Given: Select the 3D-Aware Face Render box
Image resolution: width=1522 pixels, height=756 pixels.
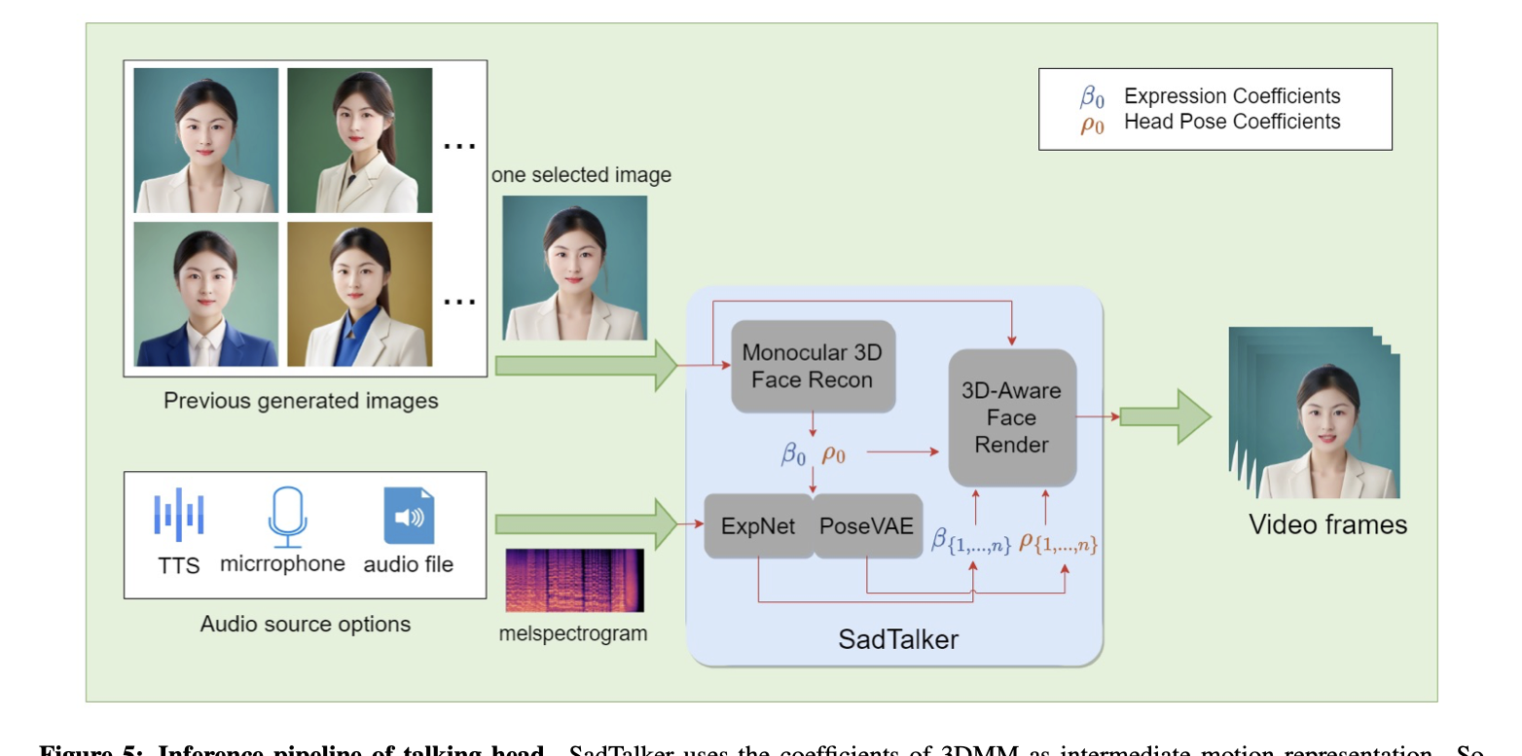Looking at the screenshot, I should (x=1011, y=417).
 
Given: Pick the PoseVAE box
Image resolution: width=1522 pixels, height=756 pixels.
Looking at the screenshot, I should (x=866, y=526).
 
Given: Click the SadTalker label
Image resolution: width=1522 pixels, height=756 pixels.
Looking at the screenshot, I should (x=897, y=639).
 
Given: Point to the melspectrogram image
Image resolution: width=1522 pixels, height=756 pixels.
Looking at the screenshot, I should (x=574, y=581).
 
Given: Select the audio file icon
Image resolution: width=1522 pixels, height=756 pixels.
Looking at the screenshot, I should (x=409, y=517).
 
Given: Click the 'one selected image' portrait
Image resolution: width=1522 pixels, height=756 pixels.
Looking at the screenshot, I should (x=574, y=268).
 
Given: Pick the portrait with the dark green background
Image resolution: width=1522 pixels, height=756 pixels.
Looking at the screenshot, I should (x=359, y=139).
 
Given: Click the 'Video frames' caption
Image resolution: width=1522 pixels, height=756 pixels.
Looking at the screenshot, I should (x=1327, y=525).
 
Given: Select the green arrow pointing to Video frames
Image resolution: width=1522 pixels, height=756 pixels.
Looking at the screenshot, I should (x=1164, y=416).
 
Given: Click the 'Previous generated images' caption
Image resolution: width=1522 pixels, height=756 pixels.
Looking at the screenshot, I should (x=300, y=400).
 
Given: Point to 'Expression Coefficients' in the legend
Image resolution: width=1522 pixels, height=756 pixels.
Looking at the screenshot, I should (x=1231, y=96).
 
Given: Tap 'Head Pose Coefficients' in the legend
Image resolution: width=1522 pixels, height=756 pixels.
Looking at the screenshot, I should (x=1231, y=122).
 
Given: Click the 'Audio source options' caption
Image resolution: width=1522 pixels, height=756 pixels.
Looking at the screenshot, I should (x=305, y=624).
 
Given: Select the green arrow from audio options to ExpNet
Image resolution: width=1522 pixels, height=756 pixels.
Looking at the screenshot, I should (x=584, y=524).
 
